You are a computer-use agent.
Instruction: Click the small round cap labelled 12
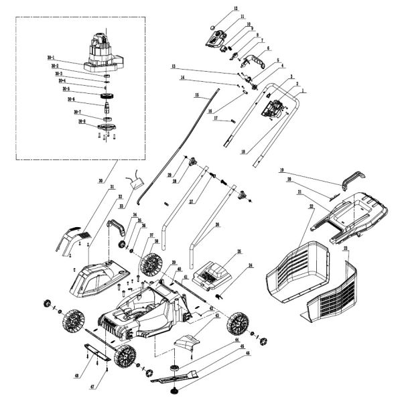(x=213, y=29)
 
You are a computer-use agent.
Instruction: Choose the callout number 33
(x=122, y=206)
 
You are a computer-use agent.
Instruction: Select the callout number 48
(x=77, y=375)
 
